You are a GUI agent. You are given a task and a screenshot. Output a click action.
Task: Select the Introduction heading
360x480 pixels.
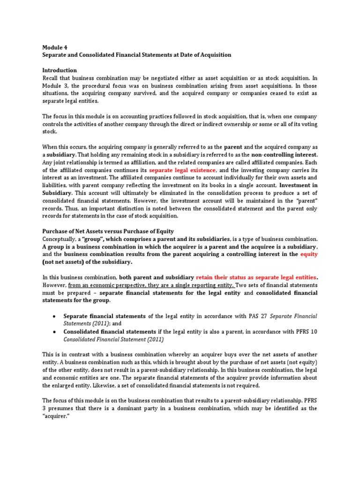pyautogui.click(x=60, y=70)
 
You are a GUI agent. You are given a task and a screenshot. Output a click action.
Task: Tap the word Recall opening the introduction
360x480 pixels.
pyautogui.click(x=51, y=78)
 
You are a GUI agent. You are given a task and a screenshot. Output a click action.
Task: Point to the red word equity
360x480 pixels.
pyautogui.click(x=309, y=254)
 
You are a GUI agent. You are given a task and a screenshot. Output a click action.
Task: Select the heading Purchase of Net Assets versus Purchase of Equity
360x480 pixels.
pyautogui.click(x=108, y=231)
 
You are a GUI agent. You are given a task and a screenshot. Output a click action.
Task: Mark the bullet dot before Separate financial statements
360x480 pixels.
pyautogui.click(x=56, y=316)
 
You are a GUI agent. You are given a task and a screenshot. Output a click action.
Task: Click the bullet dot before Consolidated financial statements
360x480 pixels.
pyautogui.click(x=56, y=332)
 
